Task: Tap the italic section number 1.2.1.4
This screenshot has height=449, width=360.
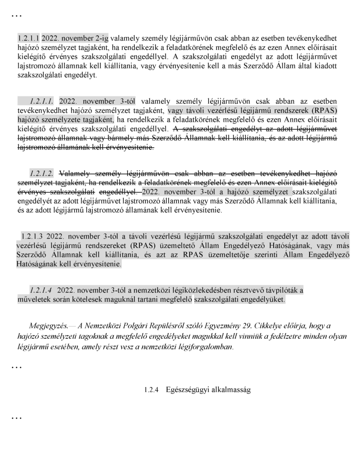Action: click(x=41, y=290)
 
